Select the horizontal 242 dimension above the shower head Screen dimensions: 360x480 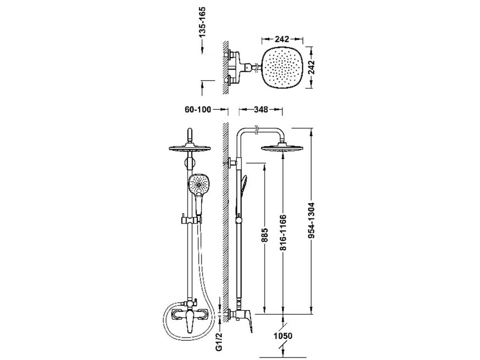pyautogui.click(x=281, y=39)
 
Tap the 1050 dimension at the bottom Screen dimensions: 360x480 pyautogui.click(x=284, y=336)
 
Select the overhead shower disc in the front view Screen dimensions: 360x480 pyautogui.click(x=189, y=150)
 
